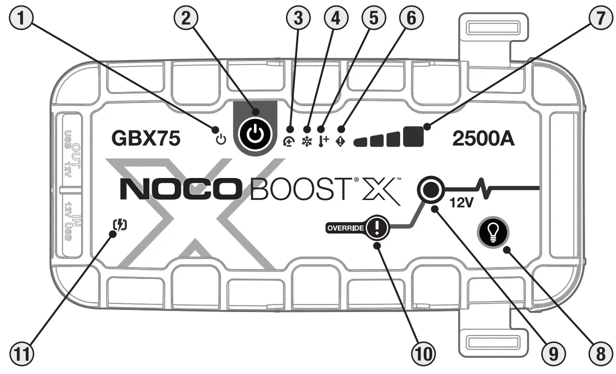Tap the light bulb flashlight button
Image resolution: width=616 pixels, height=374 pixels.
[493, 232]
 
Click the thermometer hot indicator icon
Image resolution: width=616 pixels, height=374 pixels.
[323, 141]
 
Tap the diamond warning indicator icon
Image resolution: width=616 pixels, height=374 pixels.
[340, 141]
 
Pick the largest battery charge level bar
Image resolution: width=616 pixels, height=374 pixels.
[413, 136]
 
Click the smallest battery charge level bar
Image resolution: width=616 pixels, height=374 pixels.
[361, 142]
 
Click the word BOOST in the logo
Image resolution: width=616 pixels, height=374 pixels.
[291, 192]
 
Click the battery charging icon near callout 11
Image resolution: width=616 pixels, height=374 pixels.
[120, 226]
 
